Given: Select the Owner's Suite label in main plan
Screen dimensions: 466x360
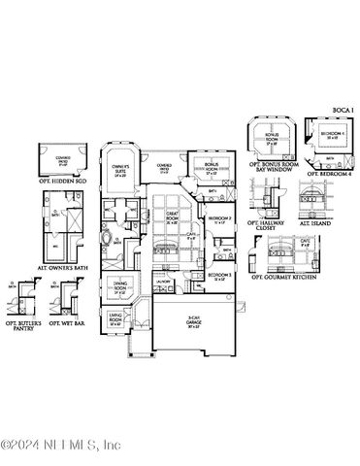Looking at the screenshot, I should pos(121,169).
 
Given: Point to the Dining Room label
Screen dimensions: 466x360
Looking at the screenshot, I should pos(119,288).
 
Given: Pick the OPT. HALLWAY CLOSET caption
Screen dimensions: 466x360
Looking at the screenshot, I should pos(267,226).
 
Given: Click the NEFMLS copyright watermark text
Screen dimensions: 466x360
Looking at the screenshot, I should pos(61,446).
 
